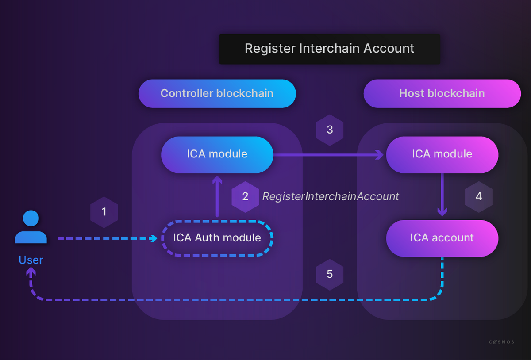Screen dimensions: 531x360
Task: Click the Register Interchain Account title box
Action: (x=330, y=49)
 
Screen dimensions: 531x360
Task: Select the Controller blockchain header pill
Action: (x=217, y=93)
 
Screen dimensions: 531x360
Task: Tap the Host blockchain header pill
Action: (x=442, y=93)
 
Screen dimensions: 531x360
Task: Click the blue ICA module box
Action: (x=217, y=154)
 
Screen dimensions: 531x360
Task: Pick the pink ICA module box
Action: (x=442, y=154)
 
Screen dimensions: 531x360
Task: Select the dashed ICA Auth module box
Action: (x=217, y=238)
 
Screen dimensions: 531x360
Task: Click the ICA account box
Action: (x=442, y=238)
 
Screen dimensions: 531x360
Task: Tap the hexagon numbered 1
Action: (x=104, y=212)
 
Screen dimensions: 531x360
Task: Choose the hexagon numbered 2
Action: (x=245, y=197)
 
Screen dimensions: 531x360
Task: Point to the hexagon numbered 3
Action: (x=330, y=130)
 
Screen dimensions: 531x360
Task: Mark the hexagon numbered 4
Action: (x=479, y=197)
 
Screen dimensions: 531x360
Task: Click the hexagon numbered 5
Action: (x=330, y=275)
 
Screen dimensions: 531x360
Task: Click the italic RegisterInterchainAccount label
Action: (x=331, y=196)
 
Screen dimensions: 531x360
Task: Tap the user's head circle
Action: (x=31, y=218)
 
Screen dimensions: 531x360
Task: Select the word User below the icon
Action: (x=31, y=260)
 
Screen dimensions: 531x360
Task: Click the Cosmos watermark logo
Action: (x=501, y=342)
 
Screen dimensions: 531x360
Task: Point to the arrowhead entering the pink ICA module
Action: (x=380, y=155)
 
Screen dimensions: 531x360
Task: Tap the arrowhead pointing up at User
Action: (x=31, y=272)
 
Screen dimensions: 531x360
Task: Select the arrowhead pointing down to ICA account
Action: (x=442, y=212)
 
